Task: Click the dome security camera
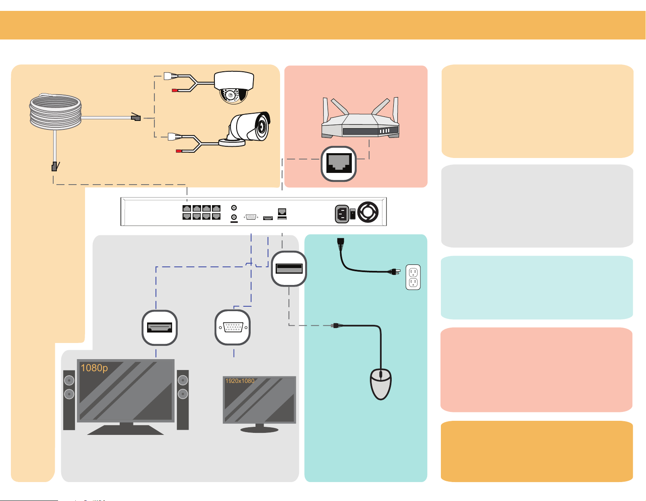[234, 87]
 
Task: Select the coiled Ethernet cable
[55, 112]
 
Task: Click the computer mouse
[380, 384]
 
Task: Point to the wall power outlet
[413, 277]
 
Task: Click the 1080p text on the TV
[94, 368]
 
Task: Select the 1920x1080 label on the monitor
[240, 381]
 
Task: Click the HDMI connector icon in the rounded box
[160, 328]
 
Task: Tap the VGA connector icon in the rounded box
[233, 327]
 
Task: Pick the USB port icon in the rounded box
[289, 269]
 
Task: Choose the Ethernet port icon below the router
[339, 164]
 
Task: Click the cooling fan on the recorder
[368, 212]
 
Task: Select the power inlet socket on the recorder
[342, 214]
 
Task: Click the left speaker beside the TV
[69, 400]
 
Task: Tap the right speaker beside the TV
[183, 399]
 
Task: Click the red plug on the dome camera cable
[175, 90]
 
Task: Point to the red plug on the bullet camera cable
[179, 151]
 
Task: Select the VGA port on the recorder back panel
[251, 217]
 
